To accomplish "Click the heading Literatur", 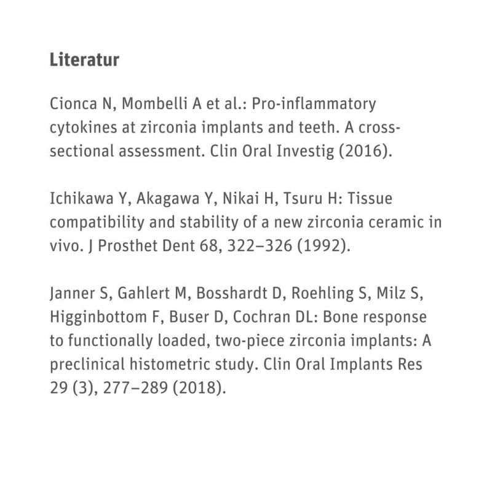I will click(x=84, y=61).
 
